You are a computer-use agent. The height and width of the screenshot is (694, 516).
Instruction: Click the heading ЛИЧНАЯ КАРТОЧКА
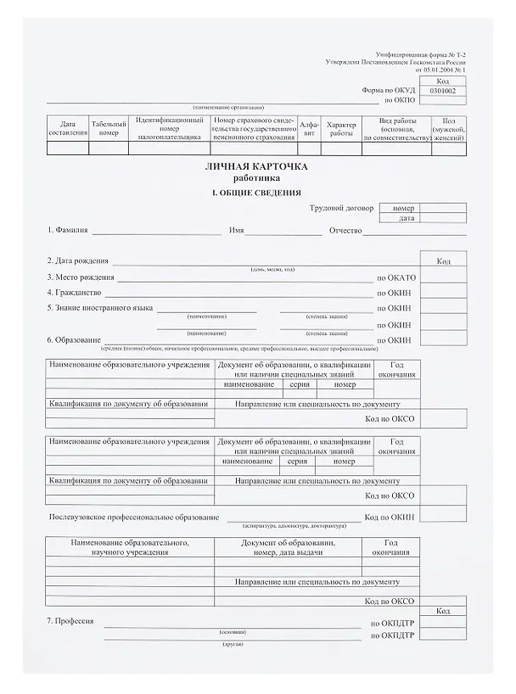pyautogui.click(x=255, y=166)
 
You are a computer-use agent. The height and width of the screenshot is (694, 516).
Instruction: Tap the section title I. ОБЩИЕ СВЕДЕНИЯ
pyautogui.click(x=255, y=193)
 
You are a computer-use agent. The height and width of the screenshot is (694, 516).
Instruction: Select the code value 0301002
pyautogui.click(x=443, y=90)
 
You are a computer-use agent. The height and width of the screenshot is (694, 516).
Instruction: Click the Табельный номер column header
pyautogui.click(x=109, y=128)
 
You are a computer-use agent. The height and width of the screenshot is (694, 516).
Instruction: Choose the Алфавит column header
pyautogui.click(x=310, y=128)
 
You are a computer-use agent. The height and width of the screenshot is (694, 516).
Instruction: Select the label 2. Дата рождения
pyautogui.click(x=79, y=261)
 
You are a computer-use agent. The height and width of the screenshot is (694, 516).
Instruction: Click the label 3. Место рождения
pyautogui.click(x=81, y=277)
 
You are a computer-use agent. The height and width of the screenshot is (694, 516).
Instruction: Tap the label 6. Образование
pyautogui.click(x=75, y=340)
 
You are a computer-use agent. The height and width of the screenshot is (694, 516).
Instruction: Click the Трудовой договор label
pyautogui.click(x=341, y=208)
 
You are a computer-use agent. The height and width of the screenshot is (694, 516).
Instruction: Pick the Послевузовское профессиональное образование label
pyautogui.click(x=133, y=517)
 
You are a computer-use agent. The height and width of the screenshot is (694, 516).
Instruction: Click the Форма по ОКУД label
pyautogui.click(x=389, y=90)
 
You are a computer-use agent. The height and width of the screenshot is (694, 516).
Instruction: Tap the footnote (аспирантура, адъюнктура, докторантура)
pyautogui.click(x=289, y=524)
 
